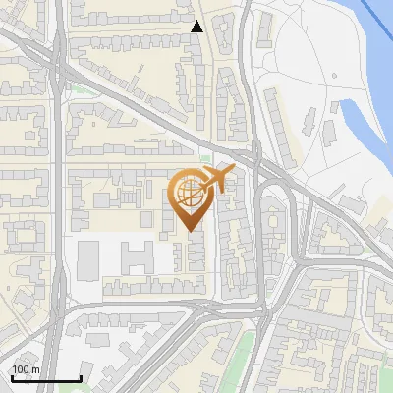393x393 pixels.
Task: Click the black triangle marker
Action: coord(197,27)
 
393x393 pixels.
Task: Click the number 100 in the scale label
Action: coord(20,369)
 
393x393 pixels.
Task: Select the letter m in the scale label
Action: coord(35,369)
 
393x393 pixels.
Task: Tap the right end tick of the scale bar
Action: coord(81,376)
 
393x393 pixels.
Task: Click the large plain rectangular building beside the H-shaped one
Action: coord(88,259)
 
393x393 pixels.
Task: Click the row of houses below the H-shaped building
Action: coord(138,288)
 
